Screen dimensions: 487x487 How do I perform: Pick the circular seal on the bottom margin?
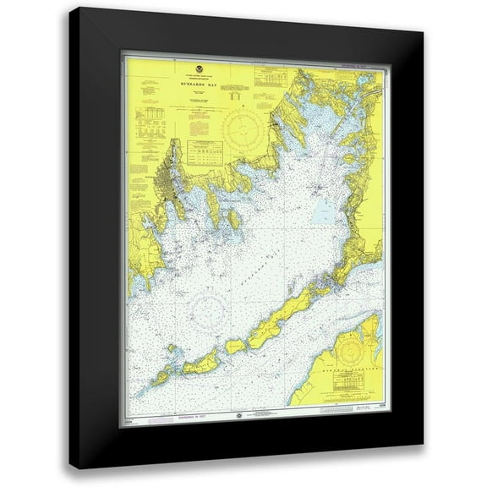pos(240,415)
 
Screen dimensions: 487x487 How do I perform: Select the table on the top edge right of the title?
pos(271,78)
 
